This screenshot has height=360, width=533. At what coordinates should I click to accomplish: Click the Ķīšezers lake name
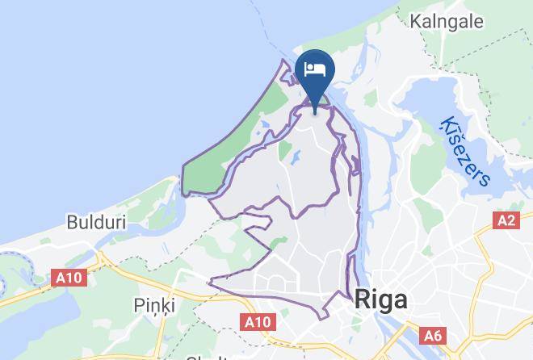pos(465,152)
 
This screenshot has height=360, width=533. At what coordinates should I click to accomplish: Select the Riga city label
pos(380,300)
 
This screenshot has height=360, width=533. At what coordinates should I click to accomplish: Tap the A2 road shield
pos(506,220)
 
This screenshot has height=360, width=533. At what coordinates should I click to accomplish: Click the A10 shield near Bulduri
pos(69,278)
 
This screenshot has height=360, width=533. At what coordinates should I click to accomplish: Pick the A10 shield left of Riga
pos(258,323)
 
